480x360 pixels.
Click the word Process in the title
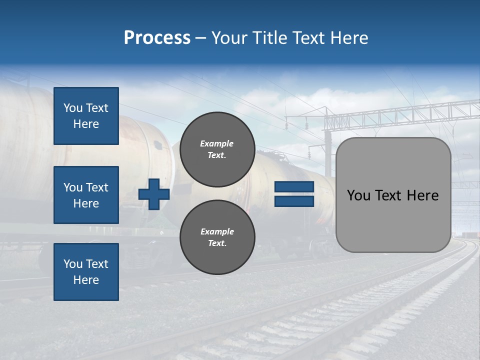[157, 38]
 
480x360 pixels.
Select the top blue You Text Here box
[86, 116]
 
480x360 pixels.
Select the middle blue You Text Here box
[86, 195]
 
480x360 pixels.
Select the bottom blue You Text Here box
[86, 271]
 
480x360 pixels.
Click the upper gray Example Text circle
[217, 149]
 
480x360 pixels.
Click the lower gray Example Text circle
[217, 237]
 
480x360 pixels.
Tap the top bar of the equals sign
[294, 187]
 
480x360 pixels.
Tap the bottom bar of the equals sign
[294, 201]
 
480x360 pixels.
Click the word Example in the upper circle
[217, 143]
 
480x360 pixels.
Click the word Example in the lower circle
[217, 231]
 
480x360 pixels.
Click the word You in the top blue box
[73, 108]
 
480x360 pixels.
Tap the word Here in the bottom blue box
[86, 280]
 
